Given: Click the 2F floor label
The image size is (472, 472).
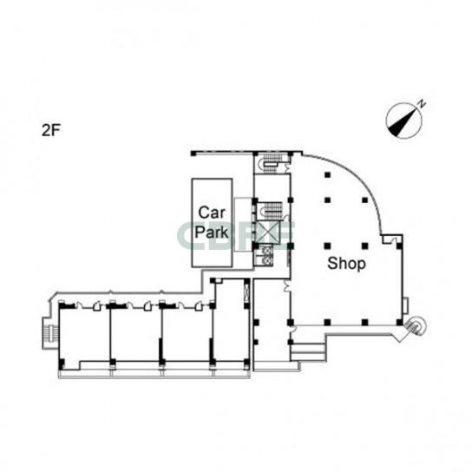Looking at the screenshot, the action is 51,130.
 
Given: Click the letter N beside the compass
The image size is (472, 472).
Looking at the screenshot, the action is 423,103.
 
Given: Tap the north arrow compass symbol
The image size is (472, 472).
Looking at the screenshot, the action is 404,121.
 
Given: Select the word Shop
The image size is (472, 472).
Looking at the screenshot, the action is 346,264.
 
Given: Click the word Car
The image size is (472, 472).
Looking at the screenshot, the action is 212,213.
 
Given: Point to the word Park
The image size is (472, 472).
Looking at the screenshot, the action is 212,232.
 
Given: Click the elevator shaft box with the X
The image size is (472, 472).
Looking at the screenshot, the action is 268,232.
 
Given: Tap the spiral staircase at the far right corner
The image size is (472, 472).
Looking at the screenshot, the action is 416,325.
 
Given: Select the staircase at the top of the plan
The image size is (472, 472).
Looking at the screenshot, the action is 270,163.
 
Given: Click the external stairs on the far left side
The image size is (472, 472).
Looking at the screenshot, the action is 50,333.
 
